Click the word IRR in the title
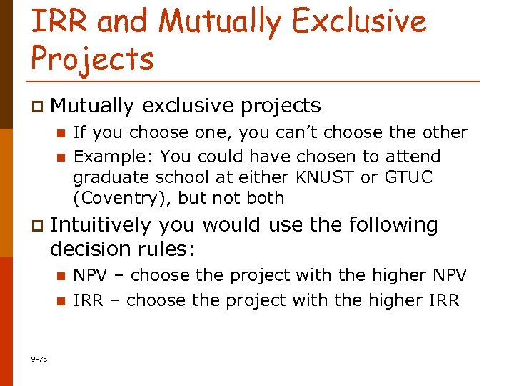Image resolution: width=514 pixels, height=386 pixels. [60, 21]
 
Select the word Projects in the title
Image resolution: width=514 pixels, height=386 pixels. [92, 58]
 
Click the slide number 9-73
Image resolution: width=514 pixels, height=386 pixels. [39, 359]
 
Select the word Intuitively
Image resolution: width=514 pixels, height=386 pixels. [101, 225]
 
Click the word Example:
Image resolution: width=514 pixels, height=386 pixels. [114, 157]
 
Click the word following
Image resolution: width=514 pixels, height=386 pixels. [393, 225]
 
